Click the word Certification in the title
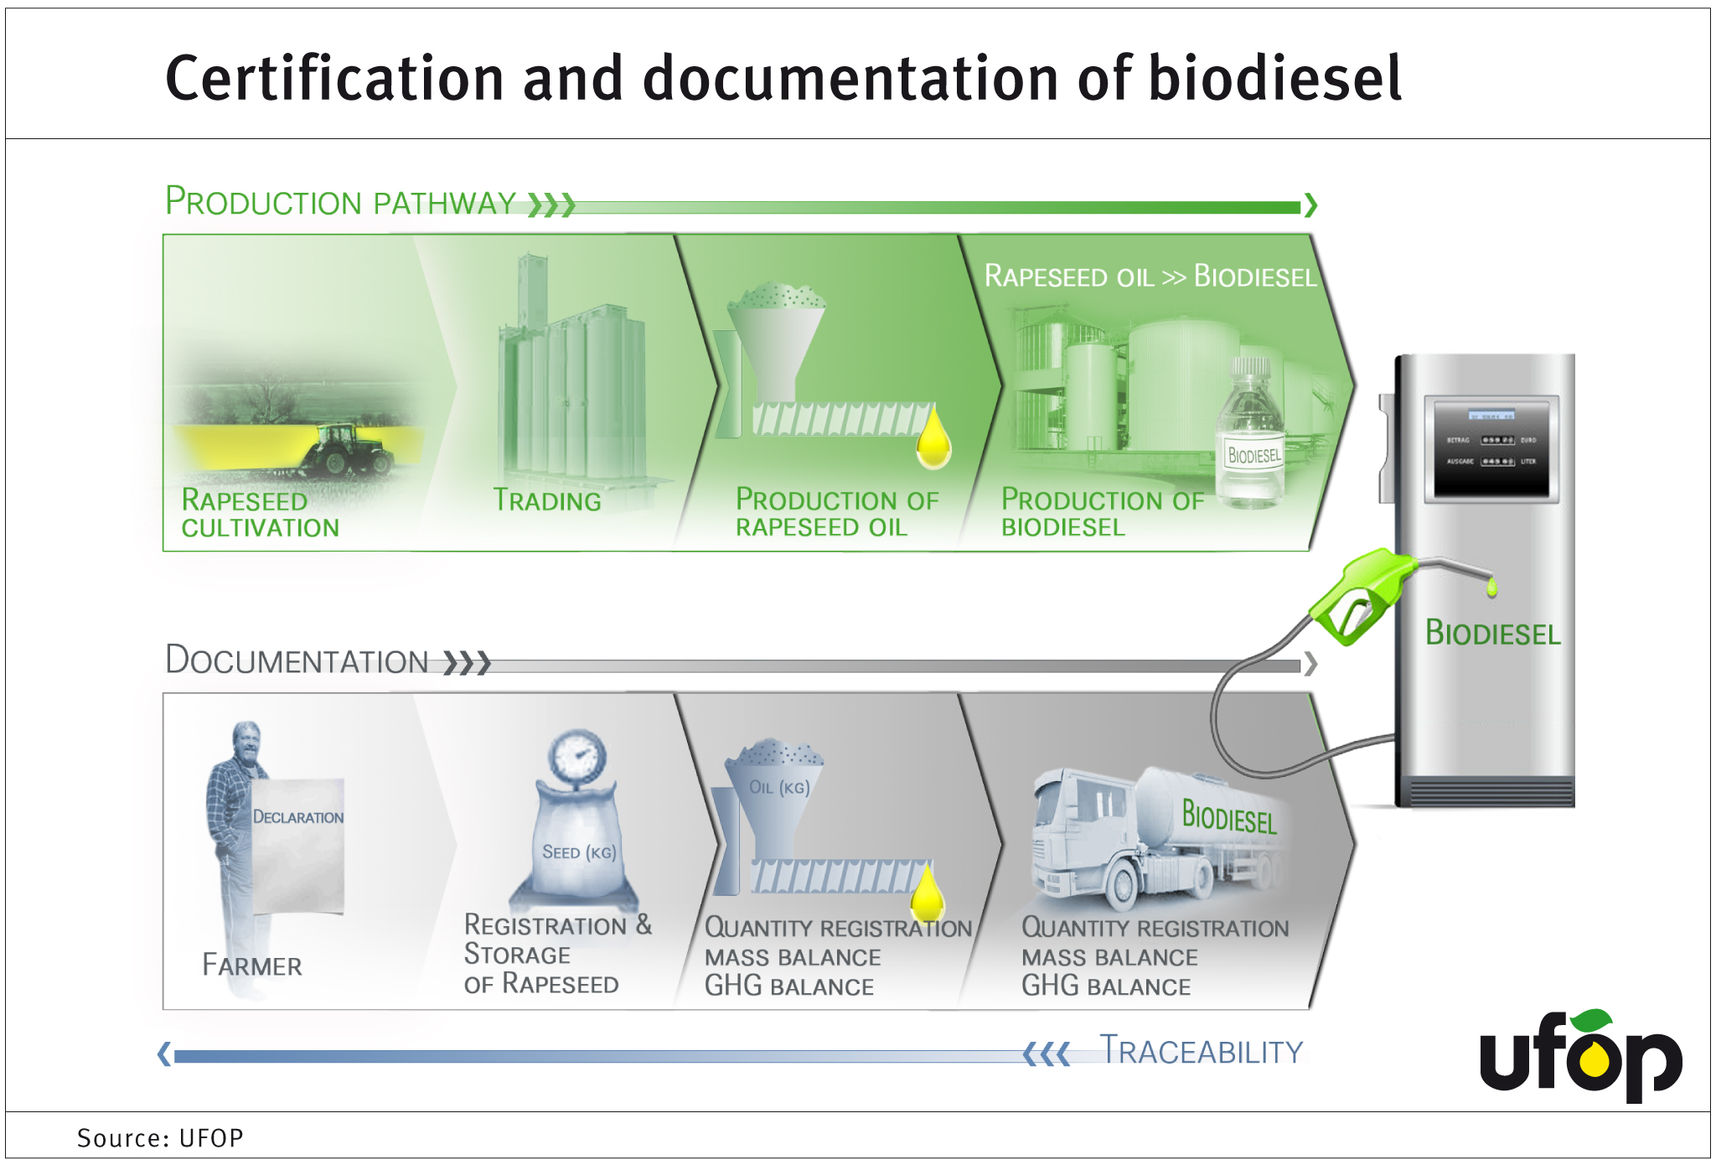coord(333,78)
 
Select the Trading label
coord(547,500)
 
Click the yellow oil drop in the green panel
coord(933,438)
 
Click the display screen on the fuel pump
coord(1495,449)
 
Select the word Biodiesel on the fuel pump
coord(1493,633)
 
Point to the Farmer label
coord(252,966)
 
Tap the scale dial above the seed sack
coord(577,756)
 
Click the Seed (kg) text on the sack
coord(579,852)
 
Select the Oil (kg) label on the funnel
coord(779,788)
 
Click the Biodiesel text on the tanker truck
coord(1229,816)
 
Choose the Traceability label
coord(1202,1051)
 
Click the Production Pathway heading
coord(340,202)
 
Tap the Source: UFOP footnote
coord(160,1138)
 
